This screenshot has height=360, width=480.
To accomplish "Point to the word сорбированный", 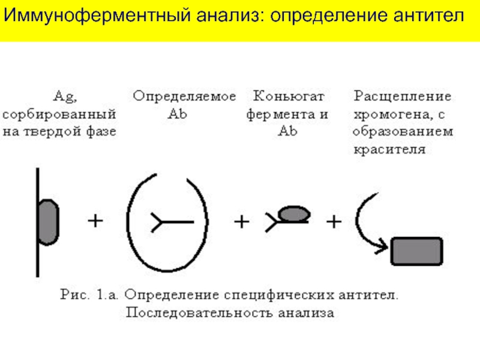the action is [60, 113].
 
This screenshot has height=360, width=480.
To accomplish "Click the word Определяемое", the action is [184, 96].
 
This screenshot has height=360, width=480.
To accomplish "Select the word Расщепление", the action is [402, 96].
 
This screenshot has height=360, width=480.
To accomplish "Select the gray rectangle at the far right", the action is [416, 251].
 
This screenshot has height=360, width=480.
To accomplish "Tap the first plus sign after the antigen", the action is [95, 221].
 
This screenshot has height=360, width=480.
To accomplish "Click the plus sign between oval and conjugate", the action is [241, 222].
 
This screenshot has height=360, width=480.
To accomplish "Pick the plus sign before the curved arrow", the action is [333, 222].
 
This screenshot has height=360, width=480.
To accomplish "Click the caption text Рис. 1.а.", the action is [92, 295].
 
